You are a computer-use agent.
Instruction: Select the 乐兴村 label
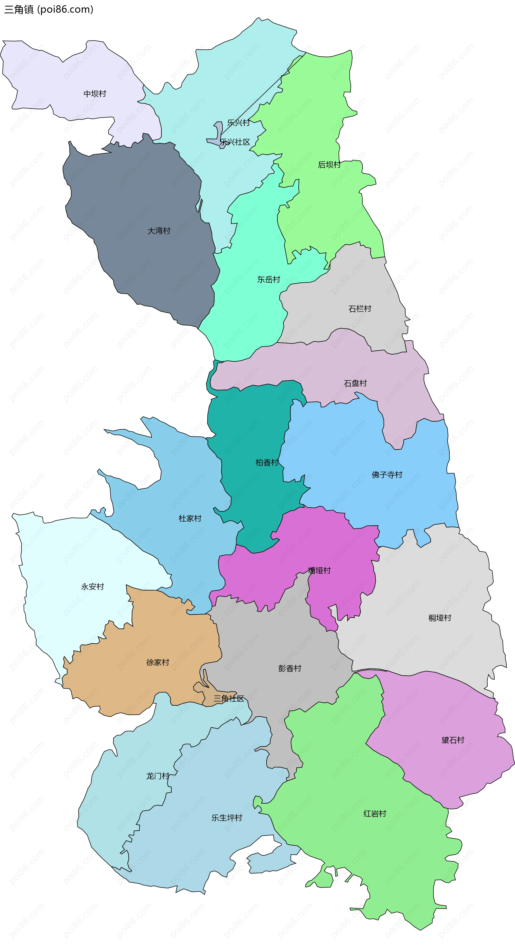(238, 123)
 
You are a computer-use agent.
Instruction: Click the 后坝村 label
(329, 165)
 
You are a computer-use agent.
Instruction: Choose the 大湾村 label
(159, 231)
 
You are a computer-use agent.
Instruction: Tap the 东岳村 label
(268, 280)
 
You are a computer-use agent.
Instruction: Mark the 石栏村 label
(360, 309)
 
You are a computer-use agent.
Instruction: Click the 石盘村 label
(355, 384)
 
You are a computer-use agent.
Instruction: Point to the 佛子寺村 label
(387, 475)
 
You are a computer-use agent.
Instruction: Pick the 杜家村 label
(190, 519)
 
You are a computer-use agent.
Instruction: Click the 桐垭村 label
(440, 618)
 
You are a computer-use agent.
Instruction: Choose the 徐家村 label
(157, 662)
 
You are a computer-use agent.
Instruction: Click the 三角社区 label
(229, 698)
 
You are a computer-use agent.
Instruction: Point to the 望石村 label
(453, 740)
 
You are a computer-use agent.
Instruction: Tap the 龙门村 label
(157, 776)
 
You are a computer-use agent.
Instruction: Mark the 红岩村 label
(375, 814)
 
